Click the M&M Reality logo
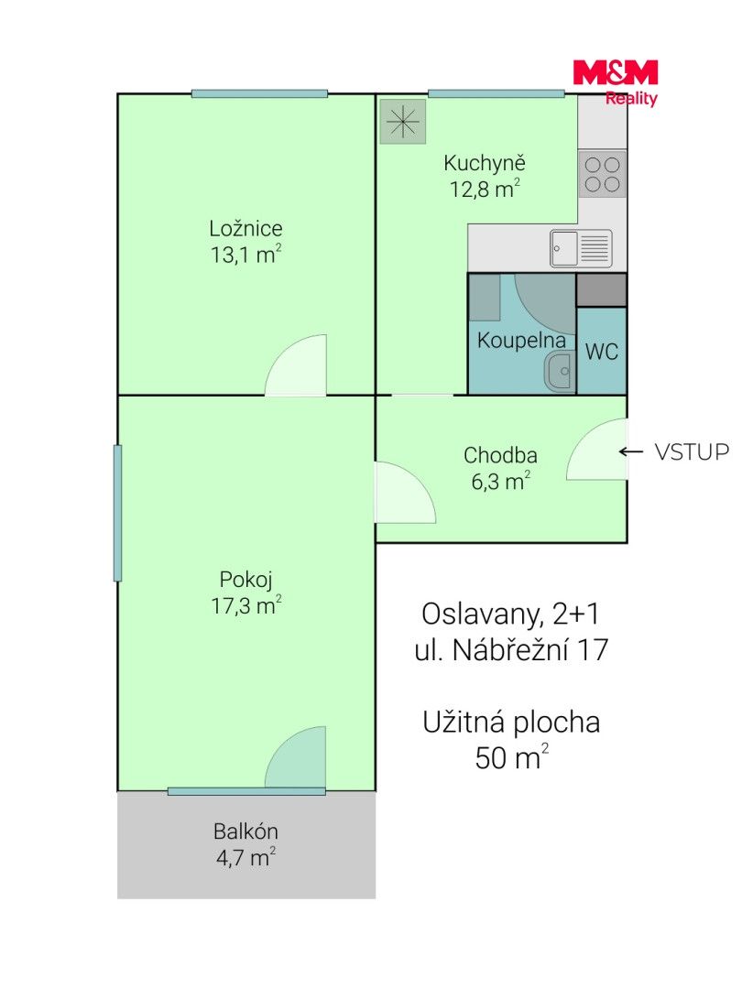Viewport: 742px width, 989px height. click(616, 82)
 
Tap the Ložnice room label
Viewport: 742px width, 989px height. click(246, 228)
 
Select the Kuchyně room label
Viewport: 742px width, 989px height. click(484, 163)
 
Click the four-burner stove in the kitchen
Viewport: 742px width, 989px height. click(603, 174)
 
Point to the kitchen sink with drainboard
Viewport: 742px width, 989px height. click(581, 248)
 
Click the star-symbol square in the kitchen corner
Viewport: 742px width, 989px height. click(402, 122)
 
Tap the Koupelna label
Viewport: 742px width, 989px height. click(521, 341)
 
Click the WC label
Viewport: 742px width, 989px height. click(602, 352)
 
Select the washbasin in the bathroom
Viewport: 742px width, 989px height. click(560, 372)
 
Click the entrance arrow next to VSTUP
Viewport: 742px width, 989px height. click(631, 451)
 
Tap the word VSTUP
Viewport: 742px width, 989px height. click(692, 451)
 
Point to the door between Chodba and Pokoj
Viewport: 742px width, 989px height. click(405, 493)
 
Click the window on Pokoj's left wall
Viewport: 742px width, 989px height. click(117, 513)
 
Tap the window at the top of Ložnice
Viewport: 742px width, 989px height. click(259, 94)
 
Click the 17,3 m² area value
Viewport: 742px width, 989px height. click(246, 605)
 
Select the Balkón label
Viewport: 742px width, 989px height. click(246, 831)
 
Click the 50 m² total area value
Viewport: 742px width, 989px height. click(512, 757)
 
